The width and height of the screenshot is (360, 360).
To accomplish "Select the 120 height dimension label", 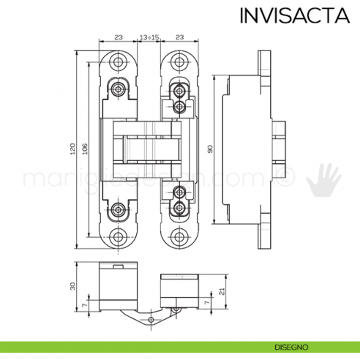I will [x=72, y=149].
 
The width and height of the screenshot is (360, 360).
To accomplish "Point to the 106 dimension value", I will [x=85, y=149].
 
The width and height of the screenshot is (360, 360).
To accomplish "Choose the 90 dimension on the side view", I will [x=209, y=149].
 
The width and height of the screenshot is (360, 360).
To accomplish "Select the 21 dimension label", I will [x=220, y=293].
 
